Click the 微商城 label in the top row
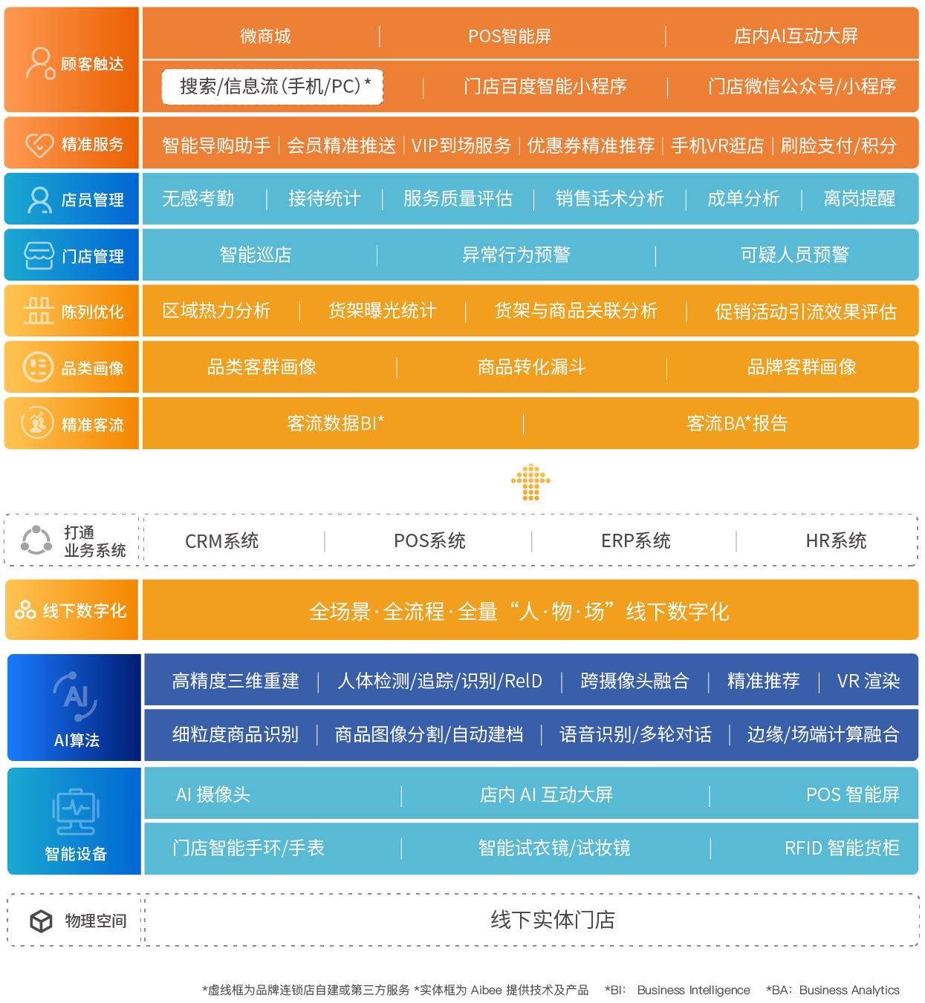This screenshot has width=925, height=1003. point(265,36)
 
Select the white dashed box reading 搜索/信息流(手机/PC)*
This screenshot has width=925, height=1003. point(273,87)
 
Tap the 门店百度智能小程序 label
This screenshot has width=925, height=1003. point(545,87)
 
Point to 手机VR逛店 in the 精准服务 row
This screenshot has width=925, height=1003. point(717,146)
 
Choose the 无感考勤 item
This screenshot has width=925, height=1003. point(198,199)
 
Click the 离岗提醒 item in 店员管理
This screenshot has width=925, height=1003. point(860,199)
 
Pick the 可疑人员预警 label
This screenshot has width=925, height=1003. point(794,255)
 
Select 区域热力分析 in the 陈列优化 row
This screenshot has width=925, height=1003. point(216,311)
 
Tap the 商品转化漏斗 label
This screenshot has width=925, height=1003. point(531,367)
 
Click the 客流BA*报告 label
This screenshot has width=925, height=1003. point(737,424)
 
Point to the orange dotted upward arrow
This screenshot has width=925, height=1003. point(530,481)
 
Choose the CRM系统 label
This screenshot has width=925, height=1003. point(221,541)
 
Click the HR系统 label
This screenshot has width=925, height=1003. point(836,541)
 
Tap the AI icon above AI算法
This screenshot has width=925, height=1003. point(76,696)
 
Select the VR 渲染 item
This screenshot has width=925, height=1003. point(868,682)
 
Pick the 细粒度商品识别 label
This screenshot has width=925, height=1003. point(235,735)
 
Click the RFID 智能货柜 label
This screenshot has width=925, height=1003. point(842,848)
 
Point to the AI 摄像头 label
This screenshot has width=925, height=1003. point(213,795)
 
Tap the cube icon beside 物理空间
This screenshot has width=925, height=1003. point(41,921)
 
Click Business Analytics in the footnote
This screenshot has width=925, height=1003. point(849,990)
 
